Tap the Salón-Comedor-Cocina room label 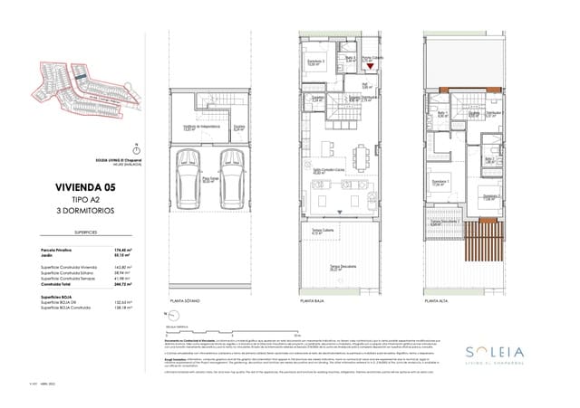[324, 169]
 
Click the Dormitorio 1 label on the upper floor [441, 182]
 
